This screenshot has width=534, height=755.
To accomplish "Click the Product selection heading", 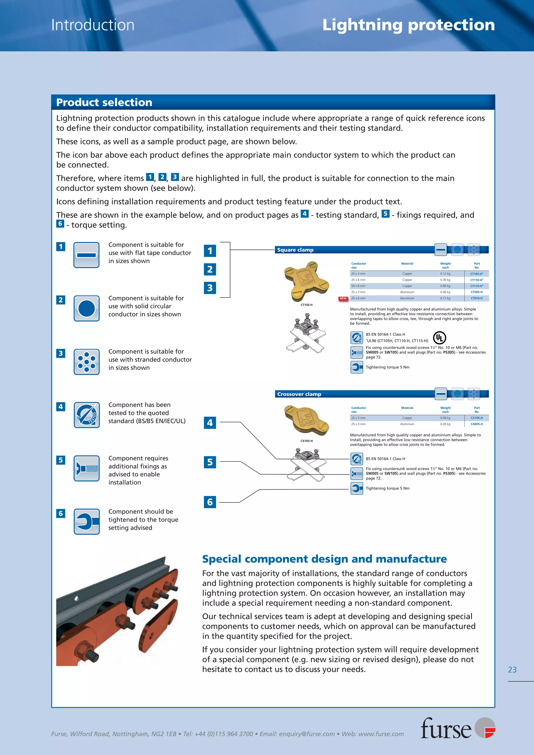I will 104,102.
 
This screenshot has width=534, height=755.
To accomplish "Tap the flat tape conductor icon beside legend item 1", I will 87,255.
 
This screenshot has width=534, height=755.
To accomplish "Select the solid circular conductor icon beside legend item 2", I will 87,308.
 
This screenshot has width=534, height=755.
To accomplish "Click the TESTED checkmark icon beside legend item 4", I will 87,415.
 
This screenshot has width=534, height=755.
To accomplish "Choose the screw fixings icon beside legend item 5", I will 87,468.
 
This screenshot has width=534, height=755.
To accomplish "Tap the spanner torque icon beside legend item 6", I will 87,522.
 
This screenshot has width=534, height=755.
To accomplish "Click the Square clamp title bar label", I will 295,250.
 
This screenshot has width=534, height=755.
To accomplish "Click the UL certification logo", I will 439,338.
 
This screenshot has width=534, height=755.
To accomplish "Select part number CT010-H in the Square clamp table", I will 476,298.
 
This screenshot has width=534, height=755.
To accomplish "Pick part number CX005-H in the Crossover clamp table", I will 476,424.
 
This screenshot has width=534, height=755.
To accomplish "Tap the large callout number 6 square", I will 210,502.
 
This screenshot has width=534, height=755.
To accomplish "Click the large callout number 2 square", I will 210,269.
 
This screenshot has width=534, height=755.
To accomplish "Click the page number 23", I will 512,670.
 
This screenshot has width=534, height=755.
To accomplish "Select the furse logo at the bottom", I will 457,728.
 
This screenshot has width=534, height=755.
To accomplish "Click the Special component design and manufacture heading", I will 324,559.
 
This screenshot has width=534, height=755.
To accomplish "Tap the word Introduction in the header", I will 93,25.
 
